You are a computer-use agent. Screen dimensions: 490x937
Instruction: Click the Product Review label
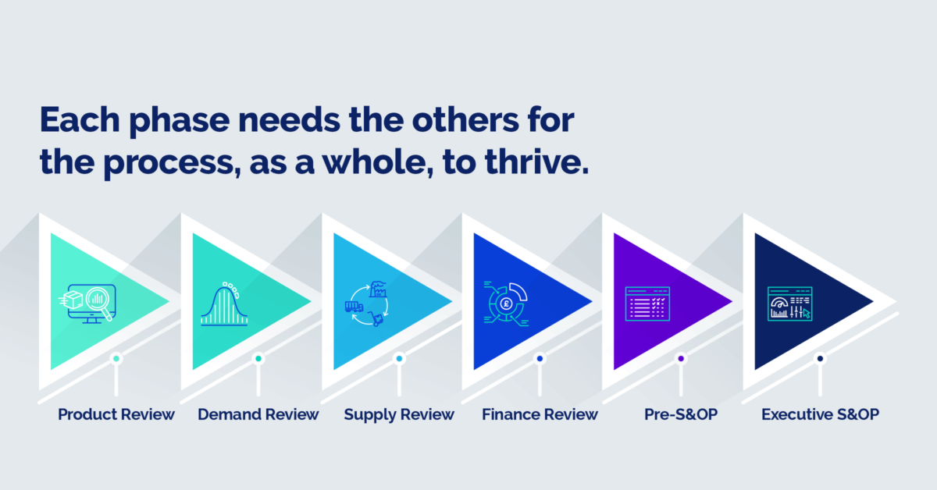[x=116, y=414]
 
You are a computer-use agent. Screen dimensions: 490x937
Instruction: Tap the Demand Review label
[x=258, y=414]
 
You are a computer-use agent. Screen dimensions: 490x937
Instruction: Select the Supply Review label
[x=399, y=414]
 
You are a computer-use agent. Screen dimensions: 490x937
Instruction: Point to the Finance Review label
[x=540, y=414]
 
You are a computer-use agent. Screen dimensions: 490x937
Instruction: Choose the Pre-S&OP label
[x=681, y=414]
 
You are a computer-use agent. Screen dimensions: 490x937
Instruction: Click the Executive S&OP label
[x=820, y=414]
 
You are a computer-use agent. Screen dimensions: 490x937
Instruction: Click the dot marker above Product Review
[x=116, y=359]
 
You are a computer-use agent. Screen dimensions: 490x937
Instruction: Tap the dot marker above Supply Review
[x=399, y=359]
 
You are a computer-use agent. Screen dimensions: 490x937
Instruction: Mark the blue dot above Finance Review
[x=540, y=359]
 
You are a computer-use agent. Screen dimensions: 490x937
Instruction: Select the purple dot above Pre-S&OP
[x=681, y=359]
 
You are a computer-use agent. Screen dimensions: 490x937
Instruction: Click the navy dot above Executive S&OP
[x=820, y=359]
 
